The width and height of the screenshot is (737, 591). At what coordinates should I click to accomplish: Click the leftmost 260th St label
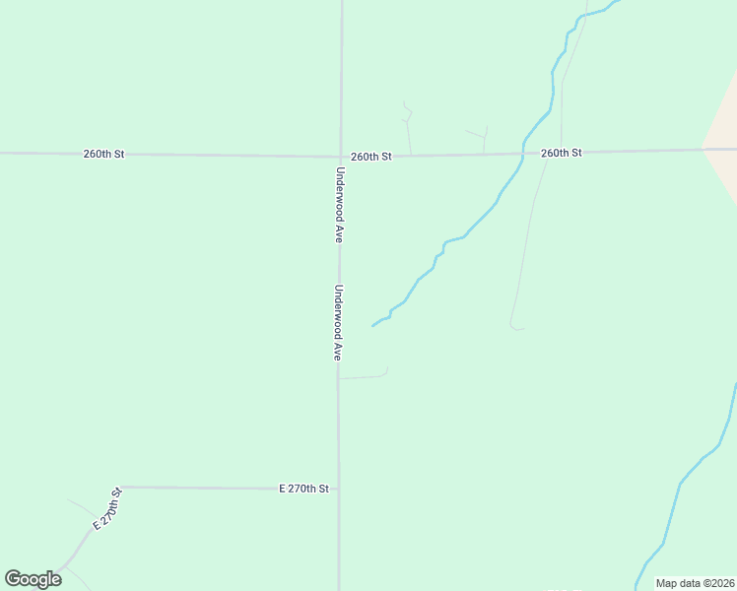click(x=103, y=154)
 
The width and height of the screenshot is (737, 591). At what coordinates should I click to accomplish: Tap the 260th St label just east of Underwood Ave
click(x=371, y=156)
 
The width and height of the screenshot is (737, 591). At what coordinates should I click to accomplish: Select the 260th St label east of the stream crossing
click(x=561, y=153)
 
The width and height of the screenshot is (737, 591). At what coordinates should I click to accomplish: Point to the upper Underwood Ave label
click(x=339, y=204)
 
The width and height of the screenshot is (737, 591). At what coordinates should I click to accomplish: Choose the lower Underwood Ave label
click(x=337, y=322)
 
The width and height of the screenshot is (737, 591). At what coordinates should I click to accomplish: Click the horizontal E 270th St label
click(x=303, y=488)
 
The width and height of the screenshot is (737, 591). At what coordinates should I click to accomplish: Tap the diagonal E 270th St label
click(x=106, y=508)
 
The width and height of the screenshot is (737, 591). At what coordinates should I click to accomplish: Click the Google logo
click(x=33, y=579)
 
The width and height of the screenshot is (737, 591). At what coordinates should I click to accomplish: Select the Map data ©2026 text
click(x=694, y=583)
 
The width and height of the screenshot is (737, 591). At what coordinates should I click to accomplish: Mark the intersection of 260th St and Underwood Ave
click(x=341, y=156)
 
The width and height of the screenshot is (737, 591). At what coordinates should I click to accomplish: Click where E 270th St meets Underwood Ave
click(x=339, y=489)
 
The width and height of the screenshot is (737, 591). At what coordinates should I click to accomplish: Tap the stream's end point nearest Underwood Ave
click(x=372, y=325)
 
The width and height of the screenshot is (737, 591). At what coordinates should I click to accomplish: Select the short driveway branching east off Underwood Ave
click(x=365, y=375)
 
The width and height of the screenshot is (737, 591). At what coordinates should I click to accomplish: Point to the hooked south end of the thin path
click(x=513, y=326)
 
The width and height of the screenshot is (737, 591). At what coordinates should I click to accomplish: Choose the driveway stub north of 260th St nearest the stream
click(x=484, y=139)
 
